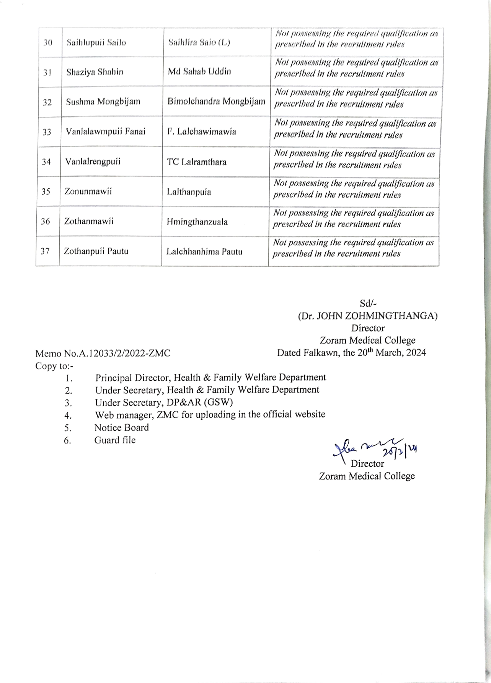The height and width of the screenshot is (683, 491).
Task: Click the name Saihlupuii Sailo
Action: coord(96,42)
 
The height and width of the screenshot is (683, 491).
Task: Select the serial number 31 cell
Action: coord(47,72)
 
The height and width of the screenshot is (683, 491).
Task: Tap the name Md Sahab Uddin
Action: coord(199,72)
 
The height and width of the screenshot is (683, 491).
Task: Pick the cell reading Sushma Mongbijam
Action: coord(103,102)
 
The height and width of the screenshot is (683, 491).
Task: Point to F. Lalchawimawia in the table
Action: coord(201,132)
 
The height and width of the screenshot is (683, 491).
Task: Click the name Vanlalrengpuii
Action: coord(93,161)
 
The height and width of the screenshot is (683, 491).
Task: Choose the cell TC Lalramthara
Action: coord(196,162)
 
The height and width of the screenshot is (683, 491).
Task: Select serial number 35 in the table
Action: coord(46,191)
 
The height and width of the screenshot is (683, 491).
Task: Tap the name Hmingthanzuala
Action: coord(197,222)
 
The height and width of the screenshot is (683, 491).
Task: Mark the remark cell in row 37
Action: coord(353,248)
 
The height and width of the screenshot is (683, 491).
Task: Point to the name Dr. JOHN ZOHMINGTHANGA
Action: coord(368,316)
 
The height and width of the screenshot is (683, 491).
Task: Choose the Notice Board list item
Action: coord(121,427)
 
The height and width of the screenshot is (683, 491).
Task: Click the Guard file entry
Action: coord(115,440)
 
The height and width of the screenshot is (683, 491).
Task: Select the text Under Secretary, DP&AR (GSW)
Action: coord(164,403)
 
